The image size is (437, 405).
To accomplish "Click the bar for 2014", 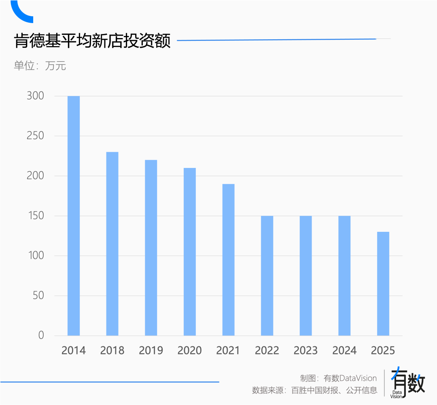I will tap(74, 216).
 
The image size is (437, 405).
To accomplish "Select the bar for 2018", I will tap(112, 244).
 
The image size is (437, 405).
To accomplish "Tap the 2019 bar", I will tap(151, 248).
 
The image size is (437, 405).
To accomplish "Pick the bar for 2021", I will tap(228, 260).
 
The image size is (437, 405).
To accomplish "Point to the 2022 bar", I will tap(267, 276).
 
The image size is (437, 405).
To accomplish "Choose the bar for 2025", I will tap(383, 284).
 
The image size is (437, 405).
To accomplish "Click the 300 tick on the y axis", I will tap(35, 96).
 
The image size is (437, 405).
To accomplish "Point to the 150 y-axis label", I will tap(35, 216).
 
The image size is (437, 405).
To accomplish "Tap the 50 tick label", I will tap(38, 296).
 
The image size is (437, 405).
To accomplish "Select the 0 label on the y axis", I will tap(41, 335).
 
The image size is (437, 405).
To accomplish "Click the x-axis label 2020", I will tap(189, 350).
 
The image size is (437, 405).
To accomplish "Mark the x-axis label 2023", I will tap(305, 350).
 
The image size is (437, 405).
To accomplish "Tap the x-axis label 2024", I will tap(344, 350).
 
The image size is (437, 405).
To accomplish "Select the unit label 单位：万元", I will tap(40, 66).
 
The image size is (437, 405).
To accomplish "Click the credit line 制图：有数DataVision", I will tap(338, 378).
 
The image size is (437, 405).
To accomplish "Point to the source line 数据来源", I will tap(314, 390).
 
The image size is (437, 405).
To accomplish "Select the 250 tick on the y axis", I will tap(35, 136).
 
